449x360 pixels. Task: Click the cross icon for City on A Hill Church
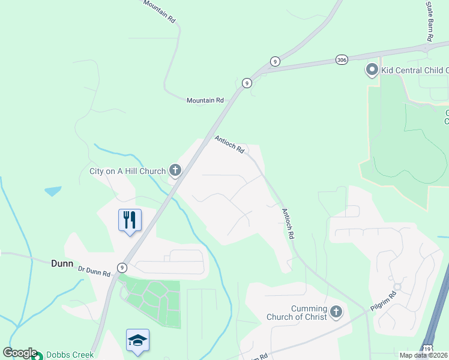coord(175,171)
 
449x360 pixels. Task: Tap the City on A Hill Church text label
coord(127,172)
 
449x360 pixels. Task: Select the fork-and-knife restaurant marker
coord(130,220)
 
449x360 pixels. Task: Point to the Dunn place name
coord(62,263)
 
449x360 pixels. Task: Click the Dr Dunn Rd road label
coord(94,271)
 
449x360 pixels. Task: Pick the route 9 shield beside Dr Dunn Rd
coord(122,268)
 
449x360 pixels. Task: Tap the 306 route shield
coord(342,59)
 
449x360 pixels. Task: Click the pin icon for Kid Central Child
coord(372,70)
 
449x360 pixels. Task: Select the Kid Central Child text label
coord(414,71)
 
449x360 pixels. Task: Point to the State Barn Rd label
coord(429,21)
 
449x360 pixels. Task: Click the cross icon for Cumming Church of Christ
coord(336,312)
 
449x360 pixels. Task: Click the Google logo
coord(19,353)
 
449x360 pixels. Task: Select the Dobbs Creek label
coord(70,355)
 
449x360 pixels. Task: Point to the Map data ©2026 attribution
coord(424,355)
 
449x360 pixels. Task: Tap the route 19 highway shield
coord(427,348)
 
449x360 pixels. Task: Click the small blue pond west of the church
coord(53,191)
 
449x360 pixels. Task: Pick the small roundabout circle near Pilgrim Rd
coord(397,286)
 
